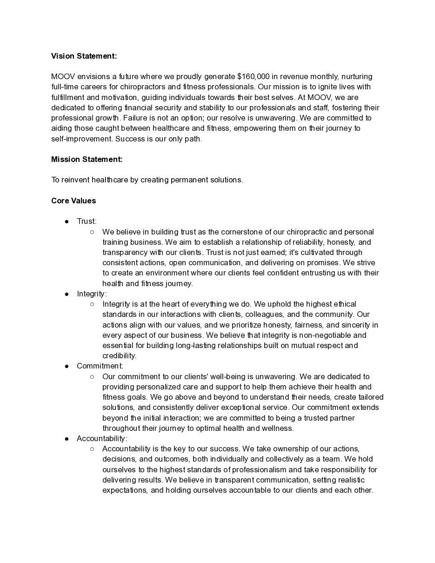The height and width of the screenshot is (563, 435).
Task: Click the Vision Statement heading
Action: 84,56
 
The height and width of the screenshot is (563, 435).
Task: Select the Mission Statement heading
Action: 87,159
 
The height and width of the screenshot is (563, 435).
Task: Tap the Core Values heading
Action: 74,201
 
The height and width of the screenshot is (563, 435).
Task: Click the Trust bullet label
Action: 87,221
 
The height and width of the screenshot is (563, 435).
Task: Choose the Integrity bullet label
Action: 92,294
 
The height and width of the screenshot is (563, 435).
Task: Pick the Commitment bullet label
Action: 100,366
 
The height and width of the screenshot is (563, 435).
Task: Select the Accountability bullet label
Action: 102,438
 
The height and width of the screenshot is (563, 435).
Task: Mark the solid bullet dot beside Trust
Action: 67,221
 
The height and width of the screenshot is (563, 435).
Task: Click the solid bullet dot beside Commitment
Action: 67,366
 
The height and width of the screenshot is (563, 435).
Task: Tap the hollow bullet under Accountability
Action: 92,449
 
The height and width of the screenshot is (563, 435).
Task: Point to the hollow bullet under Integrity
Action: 92,304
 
